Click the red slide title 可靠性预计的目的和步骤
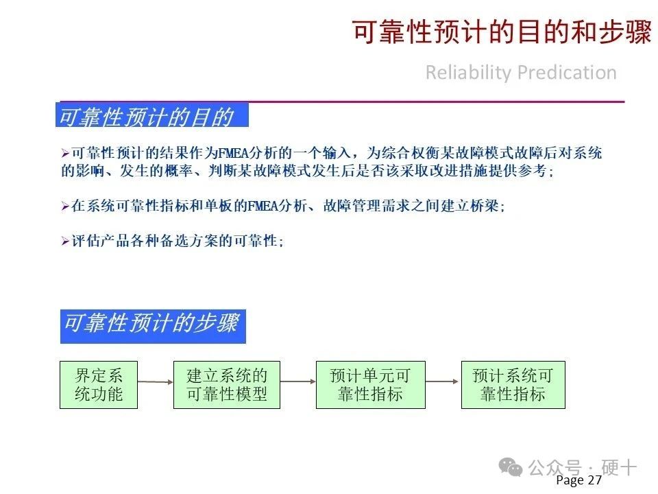pyautogui.click(x=502, y=32)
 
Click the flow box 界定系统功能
pyautogui.click(x=99, y=385)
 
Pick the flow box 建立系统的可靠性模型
pyautogui.click(x=227, y=385)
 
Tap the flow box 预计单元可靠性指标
pyautogui.click(x=371, y=385)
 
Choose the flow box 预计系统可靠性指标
pyautogui.click(x=513, y=385)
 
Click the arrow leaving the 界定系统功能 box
pyautogui.click(x=156, y=382)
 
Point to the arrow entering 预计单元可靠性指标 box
pyautogui.click(x=298, y=381)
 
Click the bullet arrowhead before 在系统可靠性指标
pyautogui.click(x=65, y=207)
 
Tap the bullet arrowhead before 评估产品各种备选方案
pyautogui.click(x=65, y=241)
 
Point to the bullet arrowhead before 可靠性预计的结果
pyautogui.click(x=65, y=153)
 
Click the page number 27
pyautogui.click(x=595, y=480)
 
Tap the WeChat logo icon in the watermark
pyautogui.click(x=510, y=467)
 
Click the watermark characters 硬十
pyautogui.click(x=619, y=467)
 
